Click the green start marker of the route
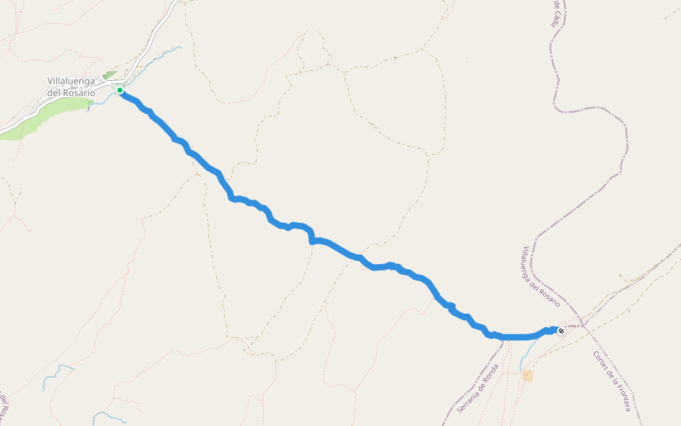coord(120,90)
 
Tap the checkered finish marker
coord(560,331)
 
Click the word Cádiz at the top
coord(555,17)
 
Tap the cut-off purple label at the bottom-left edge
coord(4,405)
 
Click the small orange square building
coord(528,376)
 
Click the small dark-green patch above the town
coord(109,75)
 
